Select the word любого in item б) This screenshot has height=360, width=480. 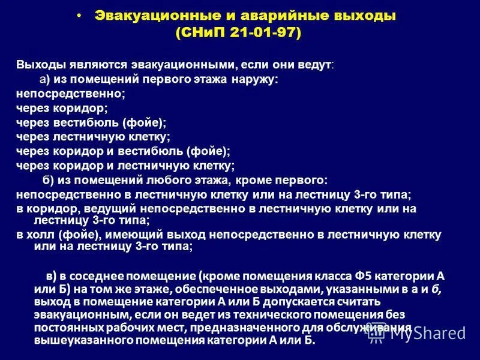166,180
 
